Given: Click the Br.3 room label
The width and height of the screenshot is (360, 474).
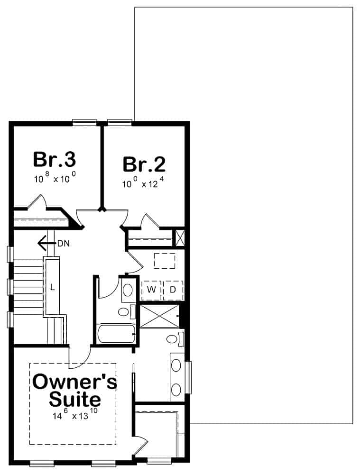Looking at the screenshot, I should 55,159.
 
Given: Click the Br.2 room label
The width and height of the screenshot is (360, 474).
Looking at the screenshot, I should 144,164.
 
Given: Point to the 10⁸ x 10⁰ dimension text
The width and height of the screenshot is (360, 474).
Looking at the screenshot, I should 55,179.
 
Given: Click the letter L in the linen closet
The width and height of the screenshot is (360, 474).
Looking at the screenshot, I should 53,287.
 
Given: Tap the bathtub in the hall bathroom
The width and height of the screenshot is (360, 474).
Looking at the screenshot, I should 116,335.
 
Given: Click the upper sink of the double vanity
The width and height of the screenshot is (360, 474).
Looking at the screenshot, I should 176,365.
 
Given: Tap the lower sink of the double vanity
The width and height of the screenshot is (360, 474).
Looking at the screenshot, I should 176,390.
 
